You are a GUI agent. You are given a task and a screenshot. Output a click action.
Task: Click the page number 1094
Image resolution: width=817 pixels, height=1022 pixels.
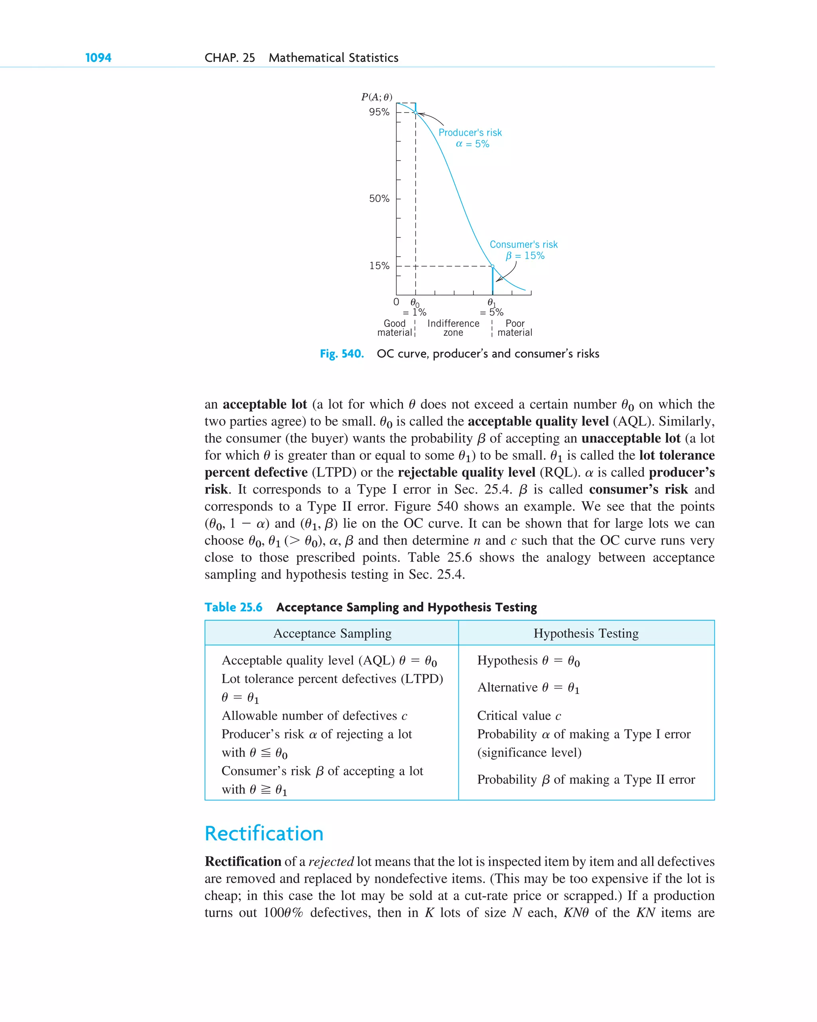click(98, 58)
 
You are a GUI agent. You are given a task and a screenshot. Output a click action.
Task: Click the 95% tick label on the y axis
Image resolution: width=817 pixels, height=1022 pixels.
click(379, 113)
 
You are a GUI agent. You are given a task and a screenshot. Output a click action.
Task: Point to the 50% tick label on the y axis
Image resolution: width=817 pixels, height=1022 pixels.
click(379, 199)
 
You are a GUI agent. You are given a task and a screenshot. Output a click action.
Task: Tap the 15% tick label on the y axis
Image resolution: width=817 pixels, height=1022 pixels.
click(379, 266)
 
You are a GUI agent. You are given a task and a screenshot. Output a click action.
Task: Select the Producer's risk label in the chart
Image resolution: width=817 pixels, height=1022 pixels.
click(470, 133)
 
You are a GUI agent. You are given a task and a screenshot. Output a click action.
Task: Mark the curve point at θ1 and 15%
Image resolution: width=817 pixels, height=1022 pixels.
click(492, 267)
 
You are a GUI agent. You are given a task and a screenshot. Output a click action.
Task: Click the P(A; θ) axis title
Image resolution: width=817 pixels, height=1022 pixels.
click(376, 97)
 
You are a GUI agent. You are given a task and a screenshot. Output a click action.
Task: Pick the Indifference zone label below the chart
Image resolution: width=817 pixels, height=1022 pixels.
click(453, 328)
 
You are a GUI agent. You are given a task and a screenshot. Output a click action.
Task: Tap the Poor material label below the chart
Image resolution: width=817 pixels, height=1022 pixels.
click(515, 328)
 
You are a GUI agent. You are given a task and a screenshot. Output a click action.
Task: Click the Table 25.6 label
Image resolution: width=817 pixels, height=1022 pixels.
click(233, 607)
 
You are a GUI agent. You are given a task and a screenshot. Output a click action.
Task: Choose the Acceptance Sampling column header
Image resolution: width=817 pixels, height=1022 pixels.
click(332, 633)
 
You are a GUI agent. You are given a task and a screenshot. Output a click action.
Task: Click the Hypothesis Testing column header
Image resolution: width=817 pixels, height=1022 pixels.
click(586, 633)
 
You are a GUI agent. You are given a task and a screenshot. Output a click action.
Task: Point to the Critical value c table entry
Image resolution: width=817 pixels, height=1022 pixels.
click(519, 715)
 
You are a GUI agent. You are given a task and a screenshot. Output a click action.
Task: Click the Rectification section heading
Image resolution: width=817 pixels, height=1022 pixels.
click(264, 833)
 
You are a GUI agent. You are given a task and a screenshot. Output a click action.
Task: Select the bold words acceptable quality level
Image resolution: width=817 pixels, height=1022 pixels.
click(538, 421)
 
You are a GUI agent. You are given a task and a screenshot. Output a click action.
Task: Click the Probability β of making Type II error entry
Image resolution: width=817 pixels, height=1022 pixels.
click(586, 779)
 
